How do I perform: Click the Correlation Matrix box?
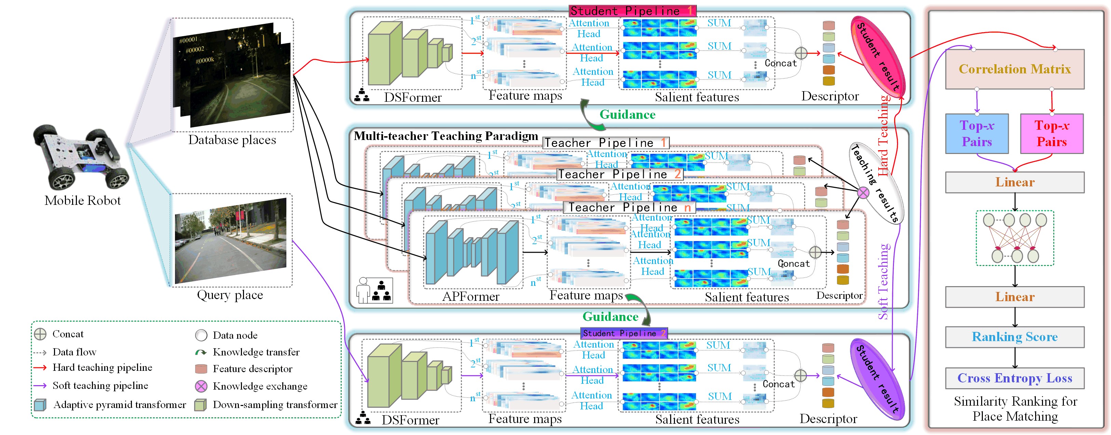pos(1014,69)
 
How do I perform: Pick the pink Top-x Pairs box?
pos(1052,134)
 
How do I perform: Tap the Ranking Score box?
pos(1014,337)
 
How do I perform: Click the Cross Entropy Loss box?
pos(1014,378)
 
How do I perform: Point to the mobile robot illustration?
pos(81,158)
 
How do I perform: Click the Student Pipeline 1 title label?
pos(632,11)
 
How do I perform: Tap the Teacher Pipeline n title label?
pos(629,207)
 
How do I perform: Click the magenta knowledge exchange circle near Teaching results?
pos(863,192)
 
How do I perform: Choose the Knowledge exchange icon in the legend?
pos(201,386)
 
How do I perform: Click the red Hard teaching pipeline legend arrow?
pos(40,368)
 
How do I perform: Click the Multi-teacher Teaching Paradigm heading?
pos(446,136)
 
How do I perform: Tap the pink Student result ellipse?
pos(877,54)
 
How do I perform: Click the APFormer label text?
pos(471,297)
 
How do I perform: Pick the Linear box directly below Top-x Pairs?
pos(1014,182)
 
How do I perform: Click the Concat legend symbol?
pos(40,334)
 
